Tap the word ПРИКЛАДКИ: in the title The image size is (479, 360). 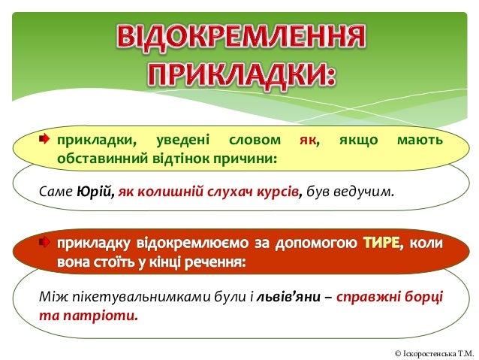pos(240,74)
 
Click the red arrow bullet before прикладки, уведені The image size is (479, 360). pos(44,140)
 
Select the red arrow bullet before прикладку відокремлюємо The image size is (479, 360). pos(44,244)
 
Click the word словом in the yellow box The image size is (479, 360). pos(255,141)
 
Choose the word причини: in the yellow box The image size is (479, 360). pos(246,159)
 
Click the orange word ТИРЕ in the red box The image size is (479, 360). pos(381,245)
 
